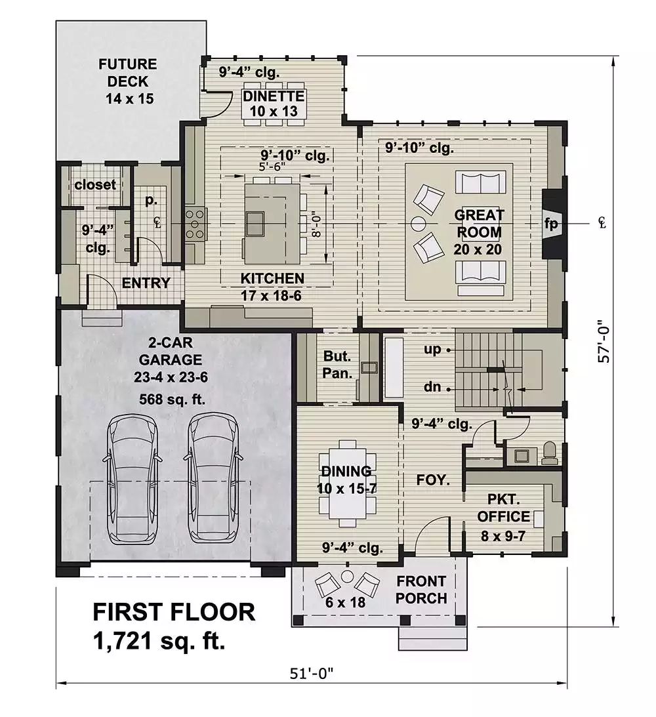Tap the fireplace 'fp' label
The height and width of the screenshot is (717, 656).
point(551,224)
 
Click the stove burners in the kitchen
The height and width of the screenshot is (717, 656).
point(195,224)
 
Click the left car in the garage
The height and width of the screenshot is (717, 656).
point(132,478)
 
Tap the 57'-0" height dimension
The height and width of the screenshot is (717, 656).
point(604,340)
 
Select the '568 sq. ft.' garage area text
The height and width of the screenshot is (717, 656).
point(172,399)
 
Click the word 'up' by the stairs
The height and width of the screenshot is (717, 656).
point(432,350)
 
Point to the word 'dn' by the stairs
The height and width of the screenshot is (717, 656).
point(432,387)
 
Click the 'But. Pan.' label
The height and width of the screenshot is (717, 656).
point(337,365)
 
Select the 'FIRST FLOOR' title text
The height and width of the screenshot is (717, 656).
point(174,612)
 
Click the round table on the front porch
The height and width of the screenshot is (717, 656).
point(348,575)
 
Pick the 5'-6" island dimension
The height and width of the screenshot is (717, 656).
point(272,167)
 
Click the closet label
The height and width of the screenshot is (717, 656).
point(95,185)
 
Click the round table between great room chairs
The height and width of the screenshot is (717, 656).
point(418,224)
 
